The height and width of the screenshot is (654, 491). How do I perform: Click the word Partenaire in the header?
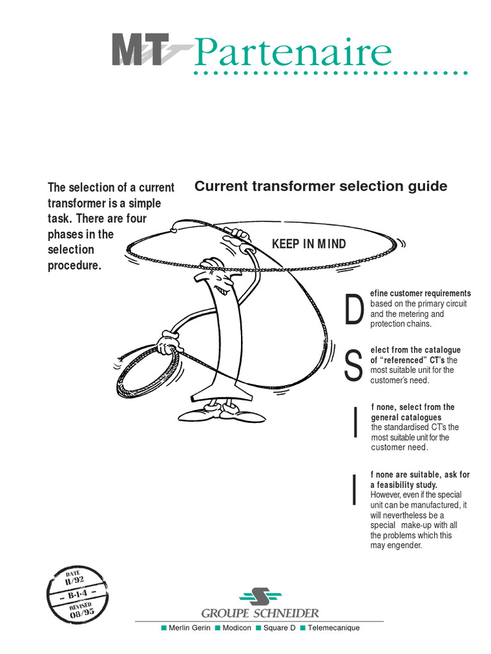(x=292, y=53)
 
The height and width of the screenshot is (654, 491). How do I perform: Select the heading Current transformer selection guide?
(x=320, y=186)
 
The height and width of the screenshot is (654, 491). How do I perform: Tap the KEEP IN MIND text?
(x=309, y=244)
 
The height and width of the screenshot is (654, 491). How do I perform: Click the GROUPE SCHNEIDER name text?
(x=260, y=613)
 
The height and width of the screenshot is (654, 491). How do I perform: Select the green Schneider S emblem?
(x=260, y=597)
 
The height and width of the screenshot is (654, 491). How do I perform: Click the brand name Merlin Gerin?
(x=189, y=628)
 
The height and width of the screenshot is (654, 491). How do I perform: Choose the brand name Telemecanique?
(x=333, y=628)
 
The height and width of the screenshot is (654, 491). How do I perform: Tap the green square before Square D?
(x=258, y=628)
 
